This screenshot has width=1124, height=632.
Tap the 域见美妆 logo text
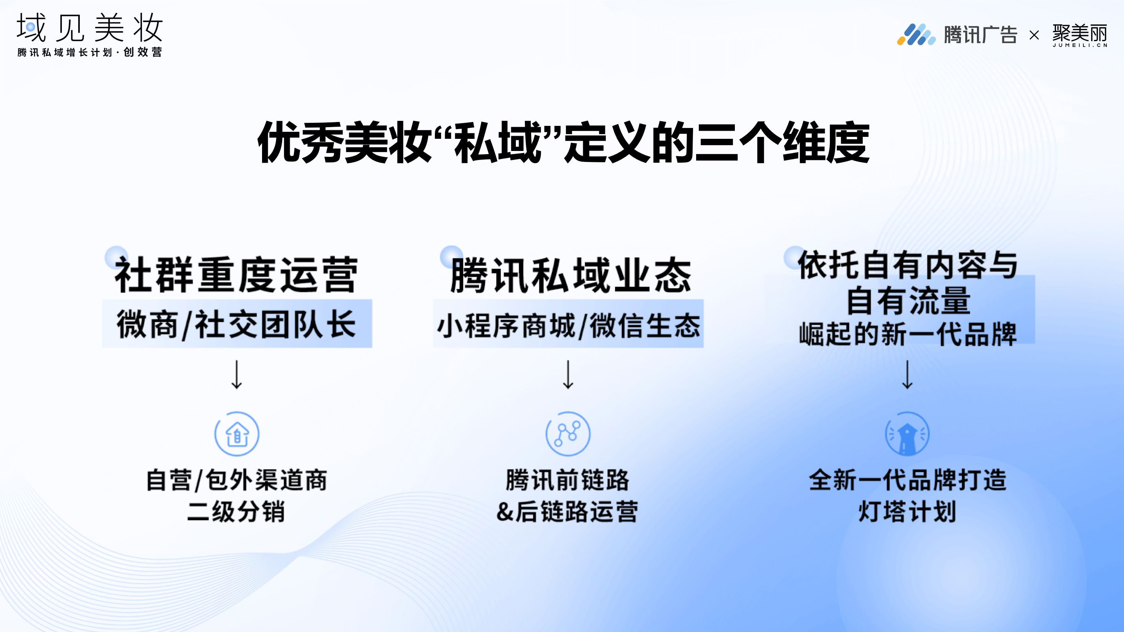coord(90,27)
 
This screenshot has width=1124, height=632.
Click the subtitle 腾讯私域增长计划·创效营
coord(90,52)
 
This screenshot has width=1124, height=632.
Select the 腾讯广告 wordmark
coord(980,34)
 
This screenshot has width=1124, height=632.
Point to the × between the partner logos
coord(1034,35)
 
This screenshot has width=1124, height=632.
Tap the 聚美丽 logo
coord(1080,35)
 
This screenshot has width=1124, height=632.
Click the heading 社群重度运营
coord(236,275)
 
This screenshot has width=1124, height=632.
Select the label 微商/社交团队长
coord(236,324)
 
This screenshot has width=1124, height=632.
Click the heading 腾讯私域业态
coord(571,275)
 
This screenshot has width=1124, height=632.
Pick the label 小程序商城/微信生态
coord(569,325)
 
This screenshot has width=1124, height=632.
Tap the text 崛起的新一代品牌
coord(908,334)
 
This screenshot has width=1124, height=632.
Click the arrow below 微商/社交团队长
coord(237,375)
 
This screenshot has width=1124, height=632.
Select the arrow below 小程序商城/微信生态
coord(568,375)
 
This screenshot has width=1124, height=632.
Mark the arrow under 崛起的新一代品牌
coord(908,375)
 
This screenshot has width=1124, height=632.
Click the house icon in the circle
coord(237,434)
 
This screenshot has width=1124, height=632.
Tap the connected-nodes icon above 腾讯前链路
coord(568,434)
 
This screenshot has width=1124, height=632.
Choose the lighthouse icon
coord(907,434)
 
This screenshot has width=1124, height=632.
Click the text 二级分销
coord(236,512)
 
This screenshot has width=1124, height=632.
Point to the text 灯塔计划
coord(908,512)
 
